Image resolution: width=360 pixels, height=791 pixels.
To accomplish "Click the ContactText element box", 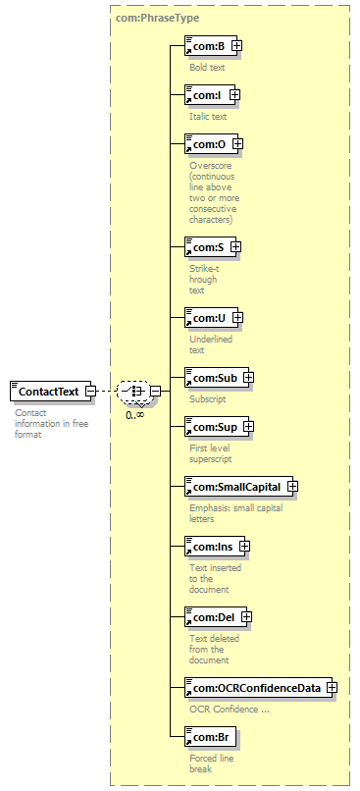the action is pyautogui.click(x=50, y=391).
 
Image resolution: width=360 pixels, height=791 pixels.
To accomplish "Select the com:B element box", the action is pyautogui.click(x=210, y=46).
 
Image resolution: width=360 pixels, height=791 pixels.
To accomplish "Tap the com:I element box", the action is pyautogui.click(x=210, y=94).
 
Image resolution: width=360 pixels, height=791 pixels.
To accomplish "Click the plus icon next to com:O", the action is pyautogui.click(x=237, y=143).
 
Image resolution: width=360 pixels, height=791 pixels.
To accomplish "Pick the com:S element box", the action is pyautogui.click(x=211, y=247).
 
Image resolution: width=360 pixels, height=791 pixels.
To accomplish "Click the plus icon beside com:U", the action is pyautogui.click(x=237, y=317).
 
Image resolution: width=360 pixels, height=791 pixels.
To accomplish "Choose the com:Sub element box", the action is pyautogui.click(x=217, y=377).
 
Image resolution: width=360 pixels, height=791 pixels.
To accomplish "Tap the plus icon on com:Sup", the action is pyautogui.click(x=248, y=426).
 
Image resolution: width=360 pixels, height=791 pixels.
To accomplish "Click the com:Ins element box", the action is pyautogui.click(x=215, y=547).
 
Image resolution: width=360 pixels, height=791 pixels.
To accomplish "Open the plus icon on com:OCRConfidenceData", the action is pyautogui.click(x=332, y=687).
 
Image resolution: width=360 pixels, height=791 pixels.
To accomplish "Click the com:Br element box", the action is pyautogui.click(x=209, y=737).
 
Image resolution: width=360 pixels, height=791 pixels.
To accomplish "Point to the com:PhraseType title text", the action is pyautogui.click(x=157, y=19).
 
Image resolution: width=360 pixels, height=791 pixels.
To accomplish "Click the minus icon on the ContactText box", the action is pyautogui.click(x=90, y=391).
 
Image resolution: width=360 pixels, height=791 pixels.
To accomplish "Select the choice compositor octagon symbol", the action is pyautogui.click(x=133, y=391).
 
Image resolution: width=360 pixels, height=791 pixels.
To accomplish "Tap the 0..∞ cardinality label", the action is pyautogui.click(x=135, y=415).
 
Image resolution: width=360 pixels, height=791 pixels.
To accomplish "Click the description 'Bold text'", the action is pyautogui.click(x=207, y=67).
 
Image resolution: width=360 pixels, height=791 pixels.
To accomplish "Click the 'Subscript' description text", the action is pyautogui.click(x=208, y=399).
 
